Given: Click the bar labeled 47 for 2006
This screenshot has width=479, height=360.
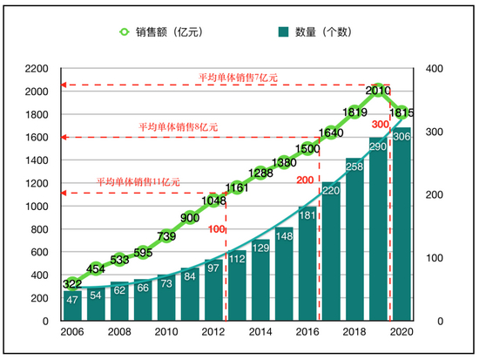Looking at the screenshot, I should (x=73, y=305).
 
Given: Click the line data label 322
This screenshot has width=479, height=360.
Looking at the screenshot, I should (x=73, y=284).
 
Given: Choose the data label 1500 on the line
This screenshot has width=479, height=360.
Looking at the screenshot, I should (x=307, y=149).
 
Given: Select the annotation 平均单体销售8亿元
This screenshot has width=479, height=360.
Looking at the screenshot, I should (x=179, y=127).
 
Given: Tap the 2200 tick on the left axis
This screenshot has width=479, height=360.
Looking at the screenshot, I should (x=36, y=69).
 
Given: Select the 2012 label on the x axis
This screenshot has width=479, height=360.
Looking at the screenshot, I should (x=214, y=332).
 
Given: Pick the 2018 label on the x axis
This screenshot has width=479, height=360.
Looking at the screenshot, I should (x=355, y=332).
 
